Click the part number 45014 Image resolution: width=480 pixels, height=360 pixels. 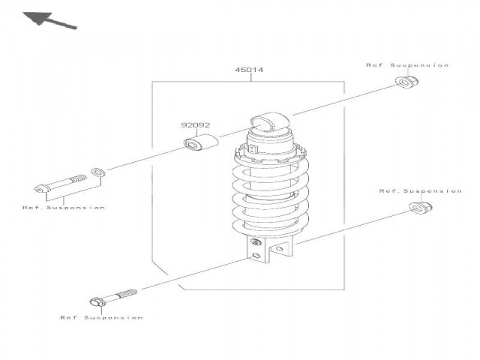pos(249,70)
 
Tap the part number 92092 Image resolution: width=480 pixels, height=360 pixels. pos(196,125)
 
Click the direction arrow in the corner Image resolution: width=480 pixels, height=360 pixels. pos(49,20)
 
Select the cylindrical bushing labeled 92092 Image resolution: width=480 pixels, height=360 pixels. pos(201,142)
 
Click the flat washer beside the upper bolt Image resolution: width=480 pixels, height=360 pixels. pos(98,172)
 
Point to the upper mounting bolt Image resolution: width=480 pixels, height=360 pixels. pos(60,183)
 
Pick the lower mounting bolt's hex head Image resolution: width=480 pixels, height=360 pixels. pos(98,301)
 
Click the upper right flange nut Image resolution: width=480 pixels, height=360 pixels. pos(406,81)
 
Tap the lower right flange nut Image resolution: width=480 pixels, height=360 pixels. pos(421,207)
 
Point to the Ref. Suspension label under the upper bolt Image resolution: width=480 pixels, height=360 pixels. pos(64,208)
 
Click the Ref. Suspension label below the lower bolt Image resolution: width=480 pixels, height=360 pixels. pos(101,317)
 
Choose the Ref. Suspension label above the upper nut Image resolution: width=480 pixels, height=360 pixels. pos(407,65)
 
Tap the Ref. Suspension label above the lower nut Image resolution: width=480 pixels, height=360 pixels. pos(420,191)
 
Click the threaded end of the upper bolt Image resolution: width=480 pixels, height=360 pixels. pos(79,178)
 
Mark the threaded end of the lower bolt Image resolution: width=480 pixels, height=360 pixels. pos(127,294)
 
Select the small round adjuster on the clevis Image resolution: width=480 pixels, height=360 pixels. pos(255,242)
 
